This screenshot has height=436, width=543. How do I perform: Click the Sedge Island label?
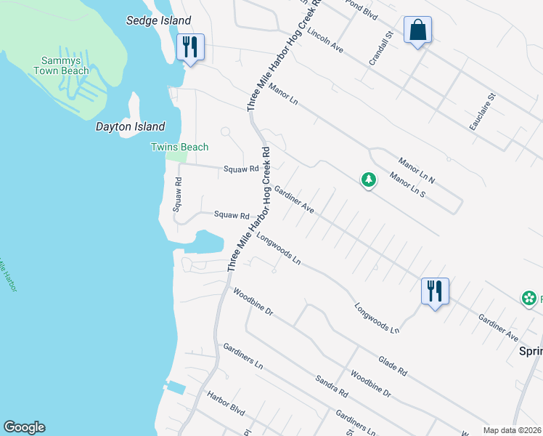coord(158,21)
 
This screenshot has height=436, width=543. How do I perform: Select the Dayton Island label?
coord(131,126)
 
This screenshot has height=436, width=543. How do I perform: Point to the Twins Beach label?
coord(179,148)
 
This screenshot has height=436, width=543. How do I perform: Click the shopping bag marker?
coord(417,31)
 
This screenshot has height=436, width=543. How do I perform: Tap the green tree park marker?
coord(369,179)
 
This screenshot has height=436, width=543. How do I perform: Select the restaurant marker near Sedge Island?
coord(190,48)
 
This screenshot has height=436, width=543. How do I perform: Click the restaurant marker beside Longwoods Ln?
coord(435,292)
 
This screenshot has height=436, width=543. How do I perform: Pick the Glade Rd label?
coord(392,366)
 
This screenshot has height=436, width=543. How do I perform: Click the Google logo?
coord(24,427)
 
